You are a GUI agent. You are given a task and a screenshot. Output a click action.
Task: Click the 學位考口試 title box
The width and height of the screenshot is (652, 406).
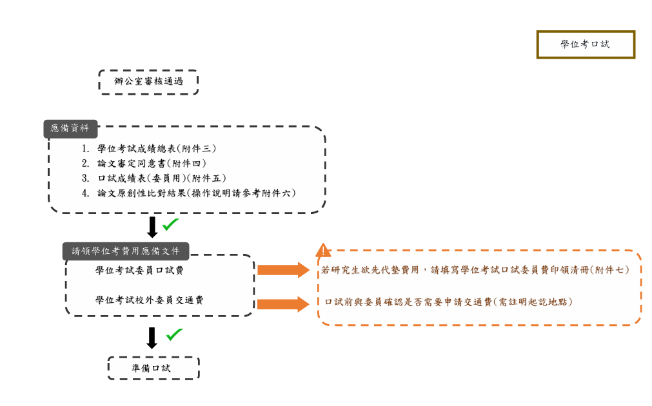coord(586,44)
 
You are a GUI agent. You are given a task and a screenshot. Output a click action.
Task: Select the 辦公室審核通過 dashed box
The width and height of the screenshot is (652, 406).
coord(148,82)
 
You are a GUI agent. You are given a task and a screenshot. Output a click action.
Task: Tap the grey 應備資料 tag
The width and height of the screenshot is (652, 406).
coord(70,129)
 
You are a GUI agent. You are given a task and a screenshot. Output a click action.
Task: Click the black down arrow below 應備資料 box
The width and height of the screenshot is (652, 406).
coord(152,227)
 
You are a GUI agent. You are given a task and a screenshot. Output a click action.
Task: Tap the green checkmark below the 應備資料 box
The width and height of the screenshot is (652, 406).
coord(171,224)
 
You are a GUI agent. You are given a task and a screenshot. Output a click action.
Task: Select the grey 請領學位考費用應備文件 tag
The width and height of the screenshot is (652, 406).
coord(126,251)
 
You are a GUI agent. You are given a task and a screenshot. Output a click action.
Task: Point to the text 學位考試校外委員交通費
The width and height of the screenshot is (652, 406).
coord(150,300)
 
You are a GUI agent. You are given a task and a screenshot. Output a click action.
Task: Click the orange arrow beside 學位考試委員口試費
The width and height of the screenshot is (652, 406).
coord(284,270)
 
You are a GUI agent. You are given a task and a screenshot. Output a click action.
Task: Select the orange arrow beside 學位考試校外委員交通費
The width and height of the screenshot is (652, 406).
coord(284,304)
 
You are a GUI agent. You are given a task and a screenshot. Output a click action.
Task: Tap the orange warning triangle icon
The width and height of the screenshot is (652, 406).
coord(323,251)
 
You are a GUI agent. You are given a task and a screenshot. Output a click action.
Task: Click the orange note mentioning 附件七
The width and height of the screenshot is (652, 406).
coord(475,270)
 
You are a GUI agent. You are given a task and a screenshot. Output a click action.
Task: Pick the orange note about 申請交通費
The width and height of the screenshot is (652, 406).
coord(448,301)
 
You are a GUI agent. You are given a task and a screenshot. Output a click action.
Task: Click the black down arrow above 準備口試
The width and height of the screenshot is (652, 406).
coord(152,338)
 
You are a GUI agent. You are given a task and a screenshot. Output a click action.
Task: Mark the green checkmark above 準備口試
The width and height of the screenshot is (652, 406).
coord(174,334)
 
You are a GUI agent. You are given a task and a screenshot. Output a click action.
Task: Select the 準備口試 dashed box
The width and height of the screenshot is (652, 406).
coord(153,368)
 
